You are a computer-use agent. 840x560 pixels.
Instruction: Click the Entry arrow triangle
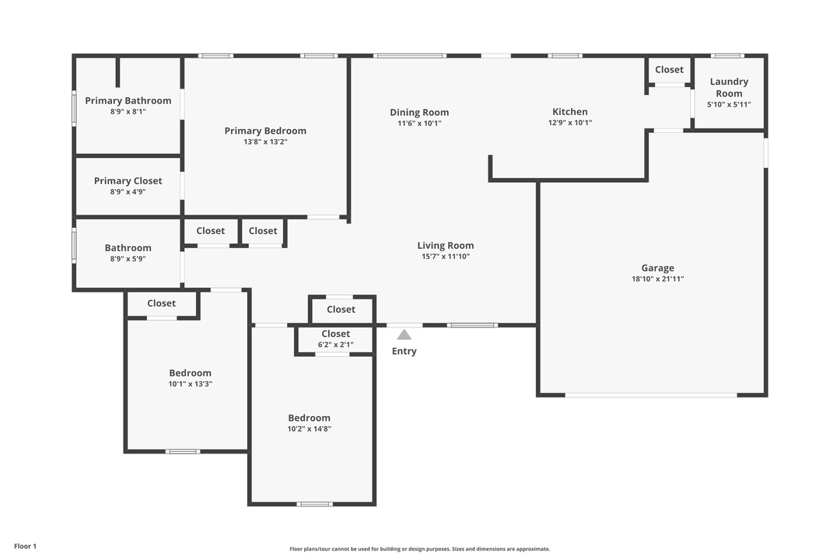click(x=404, y=335)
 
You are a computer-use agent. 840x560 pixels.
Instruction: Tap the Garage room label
click(x=657, y=268)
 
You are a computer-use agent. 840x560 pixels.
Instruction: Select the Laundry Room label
click(x=729, y=87)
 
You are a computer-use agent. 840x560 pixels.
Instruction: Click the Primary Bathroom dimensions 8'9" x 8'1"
click(x=128, y=112)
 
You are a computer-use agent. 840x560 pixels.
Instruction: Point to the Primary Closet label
click(x=128, y=180)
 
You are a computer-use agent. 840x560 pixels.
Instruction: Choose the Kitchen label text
click(x=570, y=111)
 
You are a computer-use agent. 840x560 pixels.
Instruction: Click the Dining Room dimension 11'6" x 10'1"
click(x=419, y=123)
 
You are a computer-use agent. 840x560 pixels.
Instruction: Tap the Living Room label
click(x=445, y=245)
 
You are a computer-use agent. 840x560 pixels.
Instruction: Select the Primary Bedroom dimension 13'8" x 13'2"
click(x=265, y=142)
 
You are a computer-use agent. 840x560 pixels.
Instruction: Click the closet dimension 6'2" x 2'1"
click(x=336, y=345)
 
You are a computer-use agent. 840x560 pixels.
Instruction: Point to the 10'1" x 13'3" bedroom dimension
click(x=191, y=383)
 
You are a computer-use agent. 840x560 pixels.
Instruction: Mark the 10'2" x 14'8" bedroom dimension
click(x=309, y=429)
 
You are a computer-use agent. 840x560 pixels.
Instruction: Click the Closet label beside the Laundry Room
click(x=669, y=69)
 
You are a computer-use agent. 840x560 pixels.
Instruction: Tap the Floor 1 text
click(x=25, y=546)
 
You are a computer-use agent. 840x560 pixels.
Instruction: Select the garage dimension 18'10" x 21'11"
click(x=657, y=279)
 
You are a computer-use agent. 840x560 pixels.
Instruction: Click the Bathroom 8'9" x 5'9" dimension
click(x=128, y=259)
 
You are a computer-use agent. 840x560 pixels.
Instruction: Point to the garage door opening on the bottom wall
click(x=650, y=395)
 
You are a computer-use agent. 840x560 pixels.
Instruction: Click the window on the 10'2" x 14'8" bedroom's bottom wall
click(x=314, y=504)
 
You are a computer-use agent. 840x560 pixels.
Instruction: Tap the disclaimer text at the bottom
click(x=419, y=549)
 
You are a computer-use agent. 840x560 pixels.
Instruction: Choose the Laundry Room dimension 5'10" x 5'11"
click(x=729, y=104)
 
